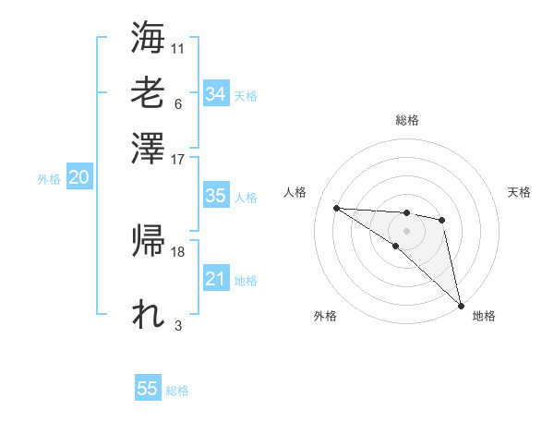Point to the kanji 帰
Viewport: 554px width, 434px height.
(148, 243)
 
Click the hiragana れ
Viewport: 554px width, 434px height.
(148, 315)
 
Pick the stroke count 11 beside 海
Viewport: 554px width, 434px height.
(178, 48)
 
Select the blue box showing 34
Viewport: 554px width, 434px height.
(215, 93)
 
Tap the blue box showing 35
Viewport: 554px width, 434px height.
(215, 196)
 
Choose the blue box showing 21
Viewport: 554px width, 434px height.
(215, 279)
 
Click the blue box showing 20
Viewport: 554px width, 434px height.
(78, 178)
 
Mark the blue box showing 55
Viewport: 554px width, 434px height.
(148, 389)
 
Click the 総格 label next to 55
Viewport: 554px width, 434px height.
(177, 391)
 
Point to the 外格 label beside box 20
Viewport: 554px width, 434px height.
(49, 179)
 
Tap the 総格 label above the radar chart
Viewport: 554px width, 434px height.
(406, 120)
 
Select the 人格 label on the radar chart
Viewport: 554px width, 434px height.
(296, 192)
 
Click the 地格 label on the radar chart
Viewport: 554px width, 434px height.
(484, 316)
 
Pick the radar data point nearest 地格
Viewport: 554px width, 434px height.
(460, 304)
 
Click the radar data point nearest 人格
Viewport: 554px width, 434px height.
(336, 208)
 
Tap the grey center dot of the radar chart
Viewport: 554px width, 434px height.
(406, 230)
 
